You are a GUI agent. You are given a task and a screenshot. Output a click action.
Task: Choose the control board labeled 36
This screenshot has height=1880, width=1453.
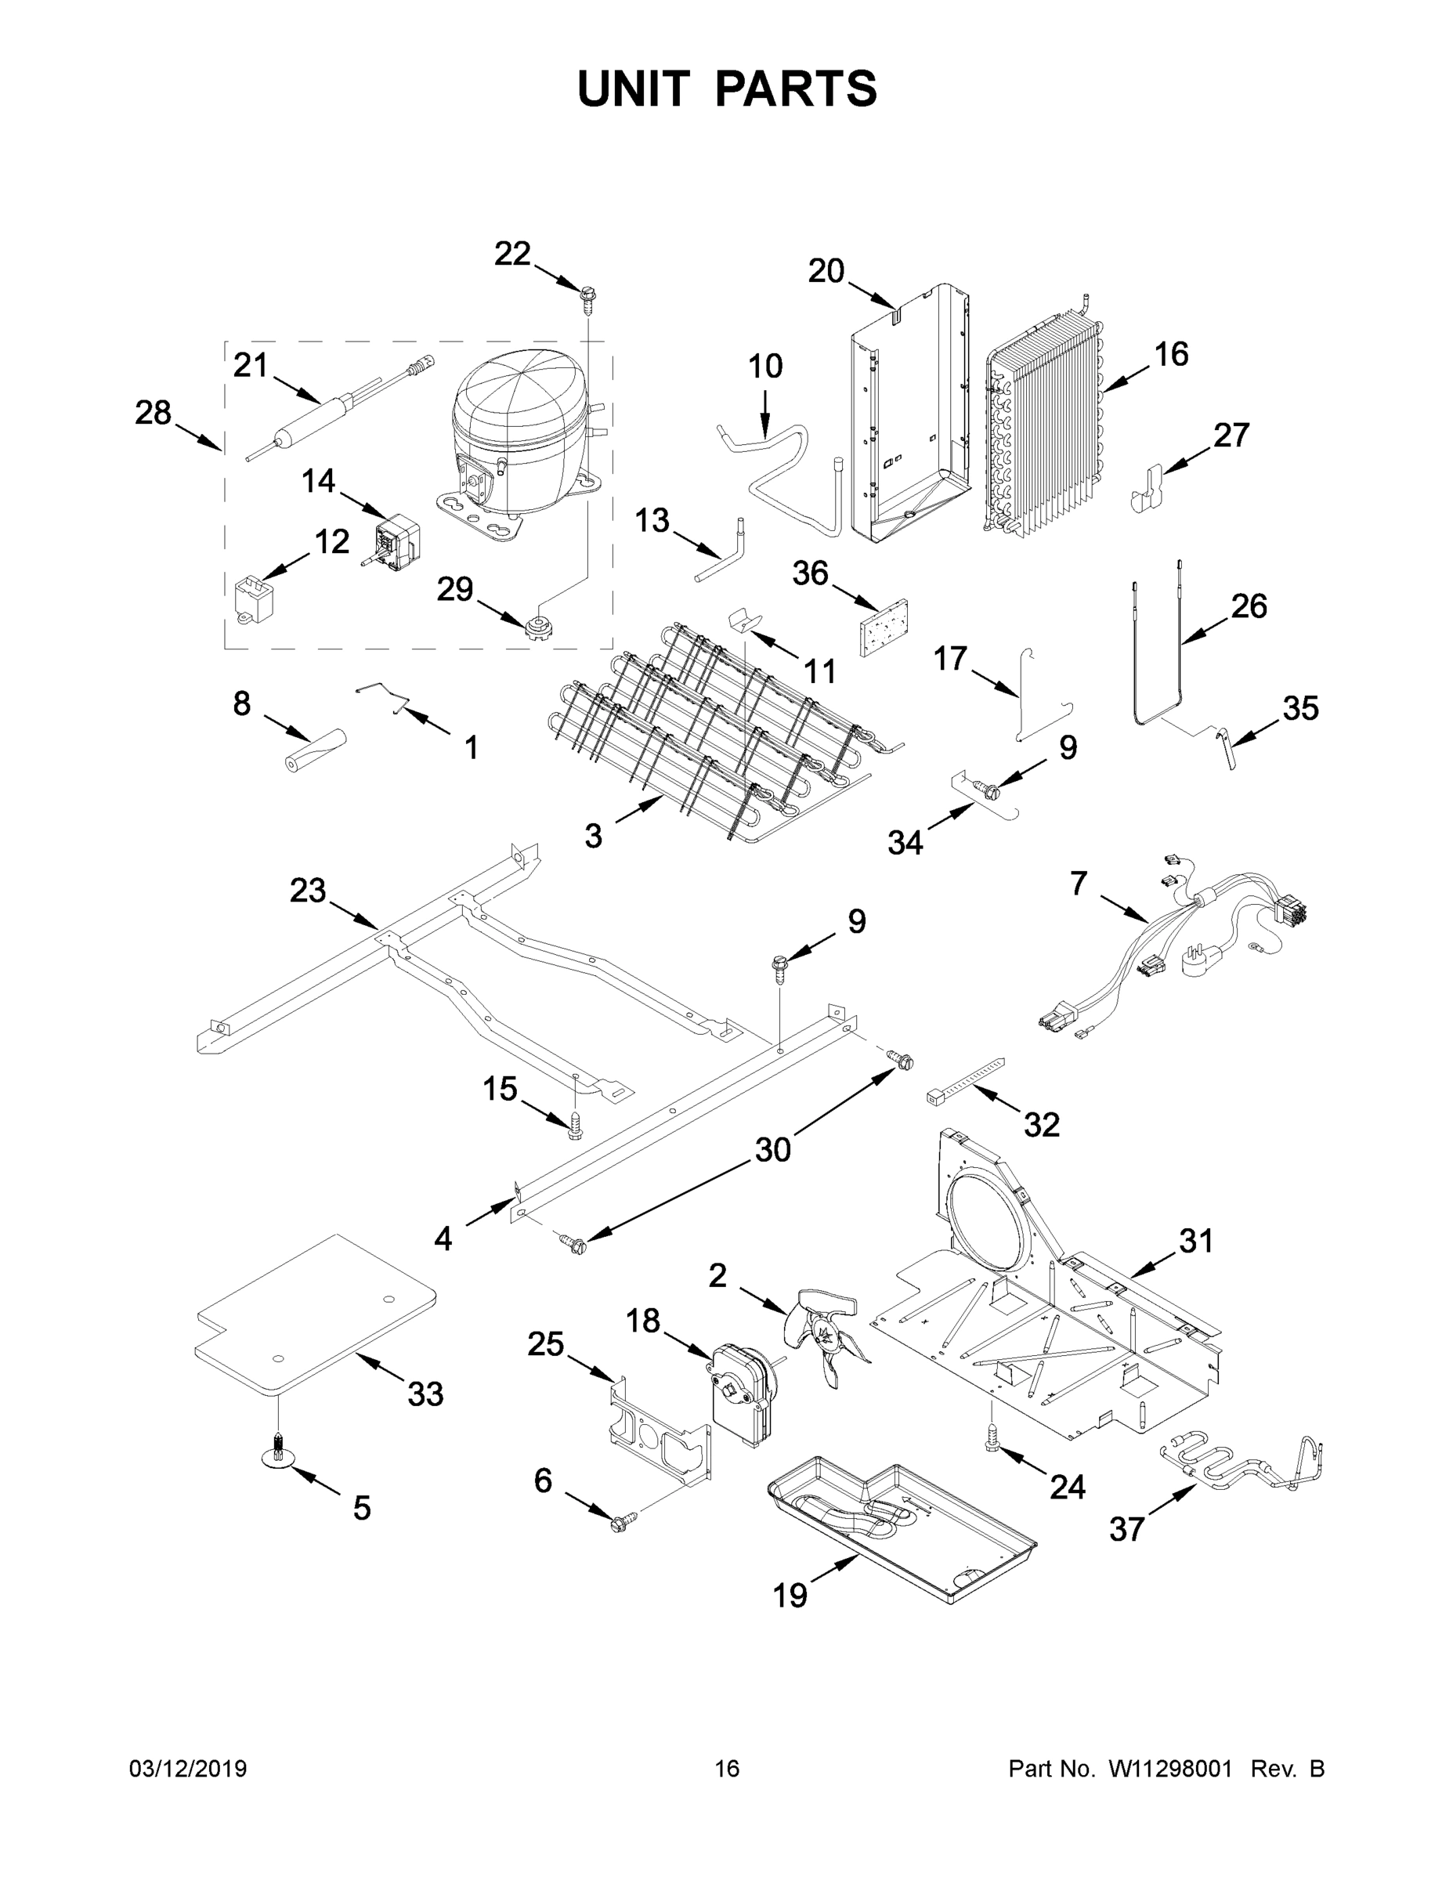click(x=884, y=626)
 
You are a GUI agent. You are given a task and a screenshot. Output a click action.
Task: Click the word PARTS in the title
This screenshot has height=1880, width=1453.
click(x=795, y=89)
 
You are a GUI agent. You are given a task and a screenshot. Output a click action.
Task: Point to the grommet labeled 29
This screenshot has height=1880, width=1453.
click(x=538, y=625)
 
